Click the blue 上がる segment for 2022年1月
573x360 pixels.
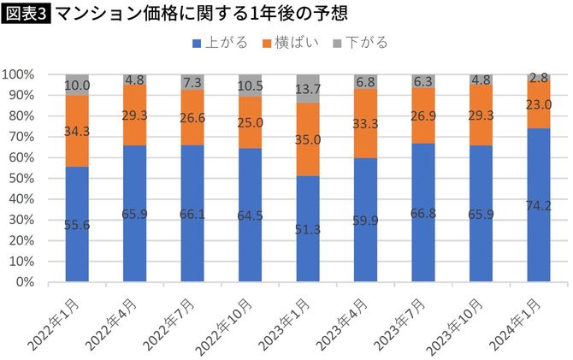coord(77,224)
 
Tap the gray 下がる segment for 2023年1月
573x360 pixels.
coord(308,88)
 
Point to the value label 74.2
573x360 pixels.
coord(539,204)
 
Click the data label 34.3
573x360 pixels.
coord(77,131)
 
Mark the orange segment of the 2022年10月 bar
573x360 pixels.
coord(251,122)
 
